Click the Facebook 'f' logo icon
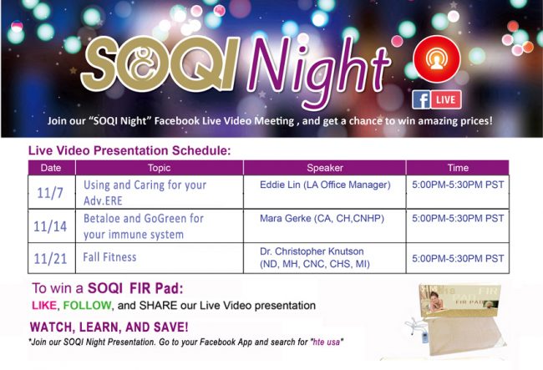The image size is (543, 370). click(421, 99)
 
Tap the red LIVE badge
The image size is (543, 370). click(446, 99)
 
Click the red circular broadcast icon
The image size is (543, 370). click(437, 59)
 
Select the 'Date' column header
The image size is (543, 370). click(51, 168)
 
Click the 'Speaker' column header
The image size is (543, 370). click(325, 168)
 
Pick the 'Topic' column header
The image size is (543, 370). click(160, 168)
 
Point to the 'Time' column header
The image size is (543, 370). click(458, 168)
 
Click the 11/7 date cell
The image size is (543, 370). click(50, 193)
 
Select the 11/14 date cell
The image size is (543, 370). click(50, 226)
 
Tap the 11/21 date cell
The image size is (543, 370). click(50, 259)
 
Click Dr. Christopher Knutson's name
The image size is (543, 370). click(312, 251)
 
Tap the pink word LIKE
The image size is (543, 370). click(44, 306)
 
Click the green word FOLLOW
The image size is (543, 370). click(87, 306)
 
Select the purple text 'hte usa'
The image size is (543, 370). click(326, 342)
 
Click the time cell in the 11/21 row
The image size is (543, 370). click(458, 259)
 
